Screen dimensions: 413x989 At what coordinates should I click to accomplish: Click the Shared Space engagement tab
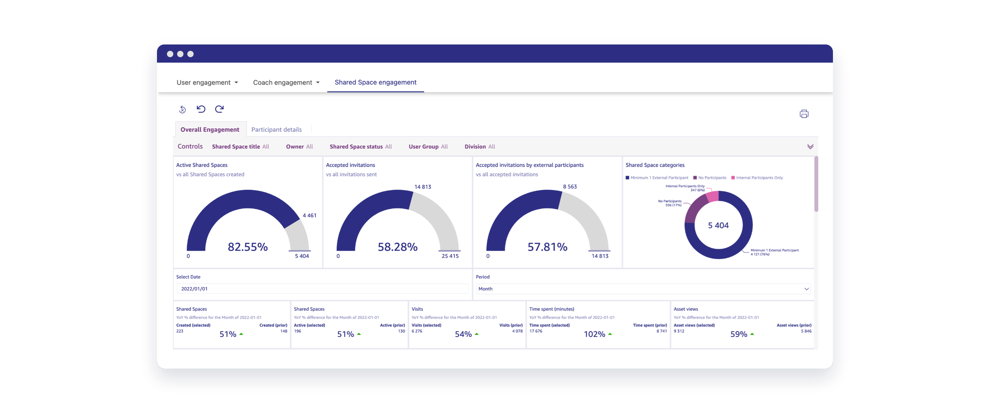pos(375,82)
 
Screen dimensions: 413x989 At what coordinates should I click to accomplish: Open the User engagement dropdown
pos(207,83)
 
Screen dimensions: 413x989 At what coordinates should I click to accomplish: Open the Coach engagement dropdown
pos(286,83)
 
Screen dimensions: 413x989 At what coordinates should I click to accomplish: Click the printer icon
pos(804,114)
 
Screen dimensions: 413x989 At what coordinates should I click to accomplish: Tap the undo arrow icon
pos(201,109)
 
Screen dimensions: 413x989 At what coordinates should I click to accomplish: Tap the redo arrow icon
pos(219,109)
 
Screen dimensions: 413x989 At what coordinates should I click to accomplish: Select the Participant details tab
pos(276,129)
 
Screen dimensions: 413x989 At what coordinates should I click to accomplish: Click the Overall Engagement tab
pos(210,129)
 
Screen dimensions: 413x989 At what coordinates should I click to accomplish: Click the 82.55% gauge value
pos(248,247)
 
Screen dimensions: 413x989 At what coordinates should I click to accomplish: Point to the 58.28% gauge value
pos(397,247)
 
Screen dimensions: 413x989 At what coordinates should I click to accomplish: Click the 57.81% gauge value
pos(547,247)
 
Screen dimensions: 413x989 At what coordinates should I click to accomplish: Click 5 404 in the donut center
pos(718,225)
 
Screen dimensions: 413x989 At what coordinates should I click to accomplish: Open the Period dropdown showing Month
pos(643,289)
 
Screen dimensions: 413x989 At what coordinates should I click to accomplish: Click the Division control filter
pos(479,146)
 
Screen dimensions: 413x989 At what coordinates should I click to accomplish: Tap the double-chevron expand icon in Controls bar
pos(810,146)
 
